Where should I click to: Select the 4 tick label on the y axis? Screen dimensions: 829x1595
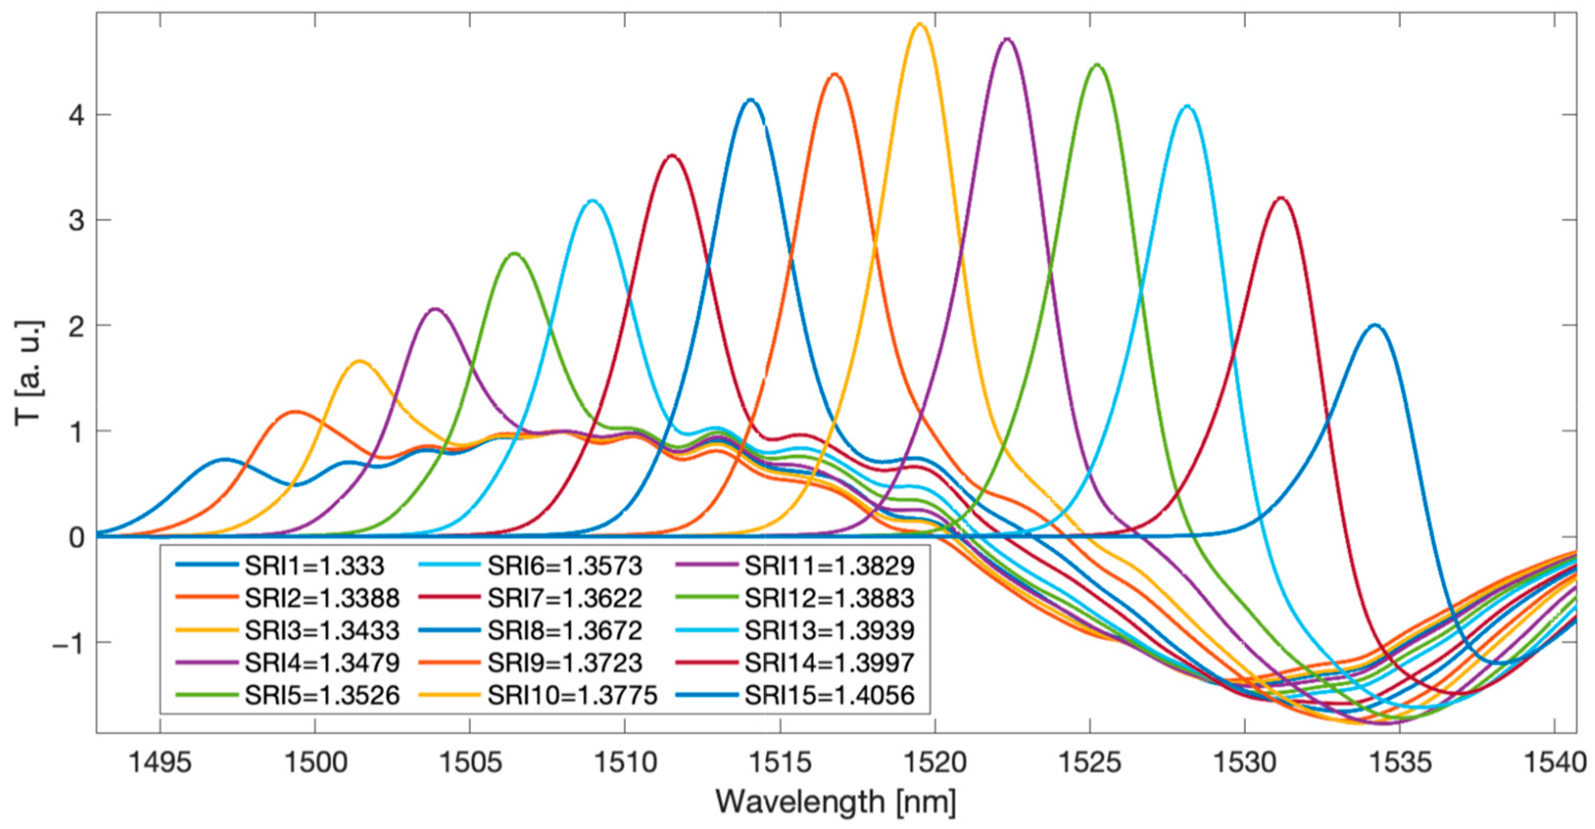(77, 115)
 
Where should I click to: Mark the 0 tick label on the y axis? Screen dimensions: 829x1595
(77, 537)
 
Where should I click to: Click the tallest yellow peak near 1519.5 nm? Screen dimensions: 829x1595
(920, 25)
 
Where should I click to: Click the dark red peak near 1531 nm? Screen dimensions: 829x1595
(1281, 198)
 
